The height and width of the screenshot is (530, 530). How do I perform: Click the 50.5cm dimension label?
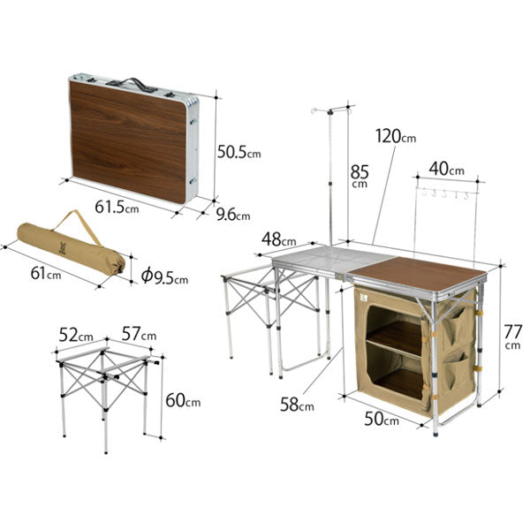[x=239, y=152]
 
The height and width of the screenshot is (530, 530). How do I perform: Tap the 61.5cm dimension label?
[x=117, y=207]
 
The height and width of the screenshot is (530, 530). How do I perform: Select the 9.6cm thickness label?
[x=233, y=215]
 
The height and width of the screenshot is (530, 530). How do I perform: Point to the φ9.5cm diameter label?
[x=164, y=276]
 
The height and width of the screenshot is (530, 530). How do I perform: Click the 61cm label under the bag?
[x=46, y=273]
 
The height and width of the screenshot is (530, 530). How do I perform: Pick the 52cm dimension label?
[x=76, y=335]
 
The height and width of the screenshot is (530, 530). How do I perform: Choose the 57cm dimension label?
[x=139, y=334]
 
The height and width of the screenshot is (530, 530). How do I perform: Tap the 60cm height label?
[x=183, y=400]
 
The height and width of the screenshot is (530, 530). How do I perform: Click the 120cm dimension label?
[x=396, y=136]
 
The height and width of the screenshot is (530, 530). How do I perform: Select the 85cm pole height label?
[x=360, y=176]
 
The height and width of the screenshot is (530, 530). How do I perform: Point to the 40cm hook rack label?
[x=447, y=169]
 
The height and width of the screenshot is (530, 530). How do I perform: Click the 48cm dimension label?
[x=279, y=239]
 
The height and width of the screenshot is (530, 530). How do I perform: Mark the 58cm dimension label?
[x=297, y=404]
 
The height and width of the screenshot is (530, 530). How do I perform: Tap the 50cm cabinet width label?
[x=382, y=419]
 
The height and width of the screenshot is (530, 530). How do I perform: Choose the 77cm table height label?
[x=512, y=336]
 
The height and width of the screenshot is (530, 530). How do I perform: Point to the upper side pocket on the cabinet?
[x=455, y=323]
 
